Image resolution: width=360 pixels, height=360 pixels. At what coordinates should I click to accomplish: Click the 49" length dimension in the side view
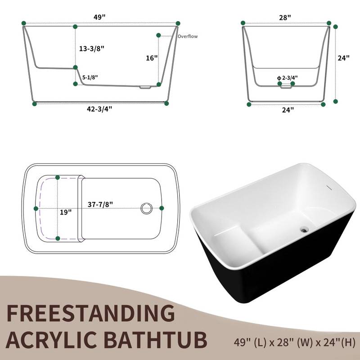pyautogui.click(x=100, y=18)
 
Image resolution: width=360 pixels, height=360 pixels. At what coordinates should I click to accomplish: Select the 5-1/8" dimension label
pyautogui.click(x=90, y=77)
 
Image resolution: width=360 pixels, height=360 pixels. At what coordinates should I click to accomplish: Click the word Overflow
pyautogui.click(x=187, y=36)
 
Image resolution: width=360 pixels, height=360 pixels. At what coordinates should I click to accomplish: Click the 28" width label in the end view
pyautogui.click(x=284, y=17)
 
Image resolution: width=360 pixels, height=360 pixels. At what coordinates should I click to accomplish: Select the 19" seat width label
pyautogui.click(x=66, y=212)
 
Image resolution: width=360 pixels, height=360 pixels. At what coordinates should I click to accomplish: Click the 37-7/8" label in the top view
pyautogui.click(x=100, y=204)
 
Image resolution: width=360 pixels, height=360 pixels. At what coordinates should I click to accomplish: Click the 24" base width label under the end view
pyautogui.click(x=286, y=110)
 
